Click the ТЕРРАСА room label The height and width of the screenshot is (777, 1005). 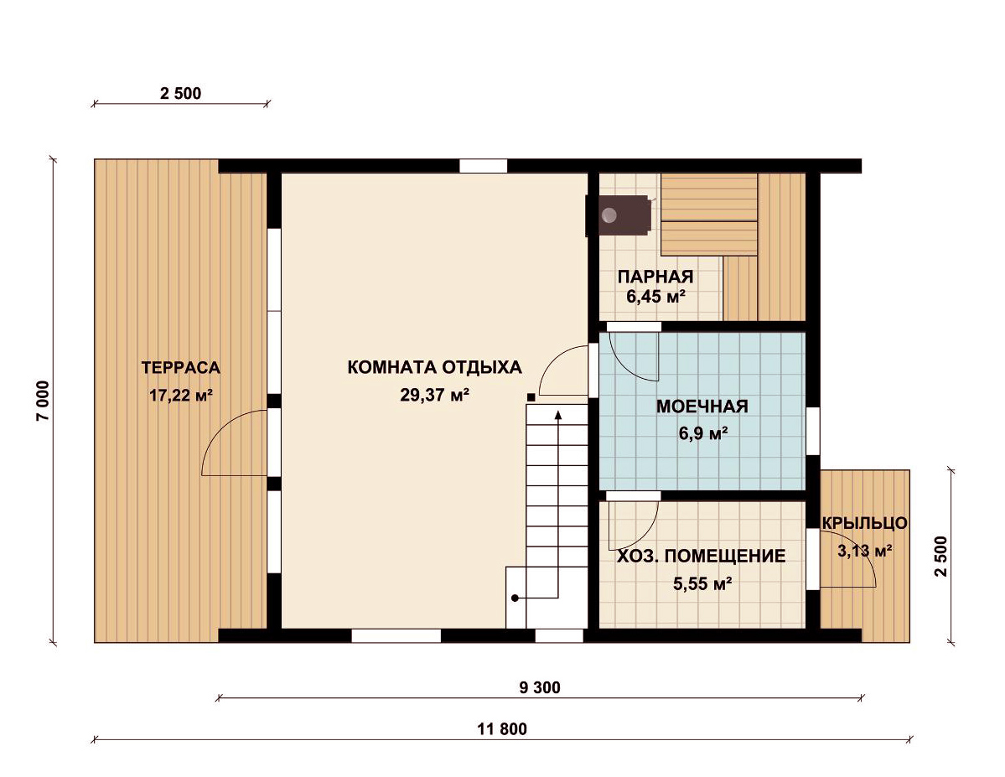point(181,368)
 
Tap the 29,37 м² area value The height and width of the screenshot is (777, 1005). point(434,395)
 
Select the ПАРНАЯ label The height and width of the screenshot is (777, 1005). point(655,277)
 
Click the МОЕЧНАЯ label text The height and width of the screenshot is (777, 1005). point(702,407)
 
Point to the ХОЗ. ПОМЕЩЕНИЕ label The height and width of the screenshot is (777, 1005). point(702,556)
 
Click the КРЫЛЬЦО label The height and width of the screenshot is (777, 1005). point(865,523)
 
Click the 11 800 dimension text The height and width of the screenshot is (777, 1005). point(502,729)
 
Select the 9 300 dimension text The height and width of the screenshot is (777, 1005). point(540,688)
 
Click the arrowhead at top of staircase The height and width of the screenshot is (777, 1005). point(558,415)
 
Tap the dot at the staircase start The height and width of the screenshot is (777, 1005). point(515,598)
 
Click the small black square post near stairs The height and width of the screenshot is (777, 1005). point(531,397)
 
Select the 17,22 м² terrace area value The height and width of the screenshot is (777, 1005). point(181,395)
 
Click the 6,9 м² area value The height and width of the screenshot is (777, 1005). point(703,434)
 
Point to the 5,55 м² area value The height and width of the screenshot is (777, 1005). point(702,584)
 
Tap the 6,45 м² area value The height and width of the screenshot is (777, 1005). point(656,297)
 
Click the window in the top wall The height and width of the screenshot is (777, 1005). point(484,166)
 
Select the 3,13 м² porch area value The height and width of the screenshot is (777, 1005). point(865,551)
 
